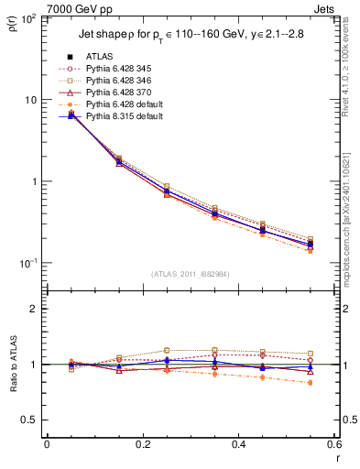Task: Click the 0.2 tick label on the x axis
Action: click(142, 444)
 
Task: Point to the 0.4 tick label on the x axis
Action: click(237, 444)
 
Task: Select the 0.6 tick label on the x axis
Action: click(333, 444)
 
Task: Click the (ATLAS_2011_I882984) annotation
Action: click(189, 272)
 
